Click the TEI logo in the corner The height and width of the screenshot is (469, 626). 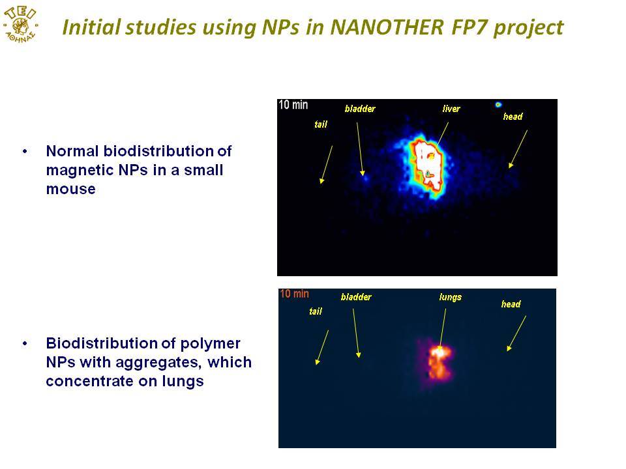pos(20,24)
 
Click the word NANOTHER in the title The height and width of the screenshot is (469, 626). pos(387,27)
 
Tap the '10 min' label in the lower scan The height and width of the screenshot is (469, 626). pos(294,294)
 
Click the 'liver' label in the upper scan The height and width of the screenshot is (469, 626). pos(451,109)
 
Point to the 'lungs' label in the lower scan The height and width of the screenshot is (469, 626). pos(451,297)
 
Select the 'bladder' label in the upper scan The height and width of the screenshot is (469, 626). pos(360,109)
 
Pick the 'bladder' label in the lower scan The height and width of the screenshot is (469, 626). pos(356,297)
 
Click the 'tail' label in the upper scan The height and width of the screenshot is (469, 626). pos(321,124)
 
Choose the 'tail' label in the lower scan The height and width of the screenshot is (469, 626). pos(316,311)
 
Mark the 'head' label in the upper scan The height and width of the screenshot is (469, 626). pos(513,117)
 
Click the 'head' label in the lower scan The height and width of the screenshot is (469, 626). pos(511,304)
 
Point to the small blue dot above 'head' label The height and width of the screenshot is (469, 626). pos(498,105)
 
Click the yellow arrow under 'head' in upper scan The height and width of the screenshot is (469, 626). pos(518,149)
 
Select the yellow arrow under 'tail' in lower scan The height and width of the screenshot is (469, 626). pos(321,347)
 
